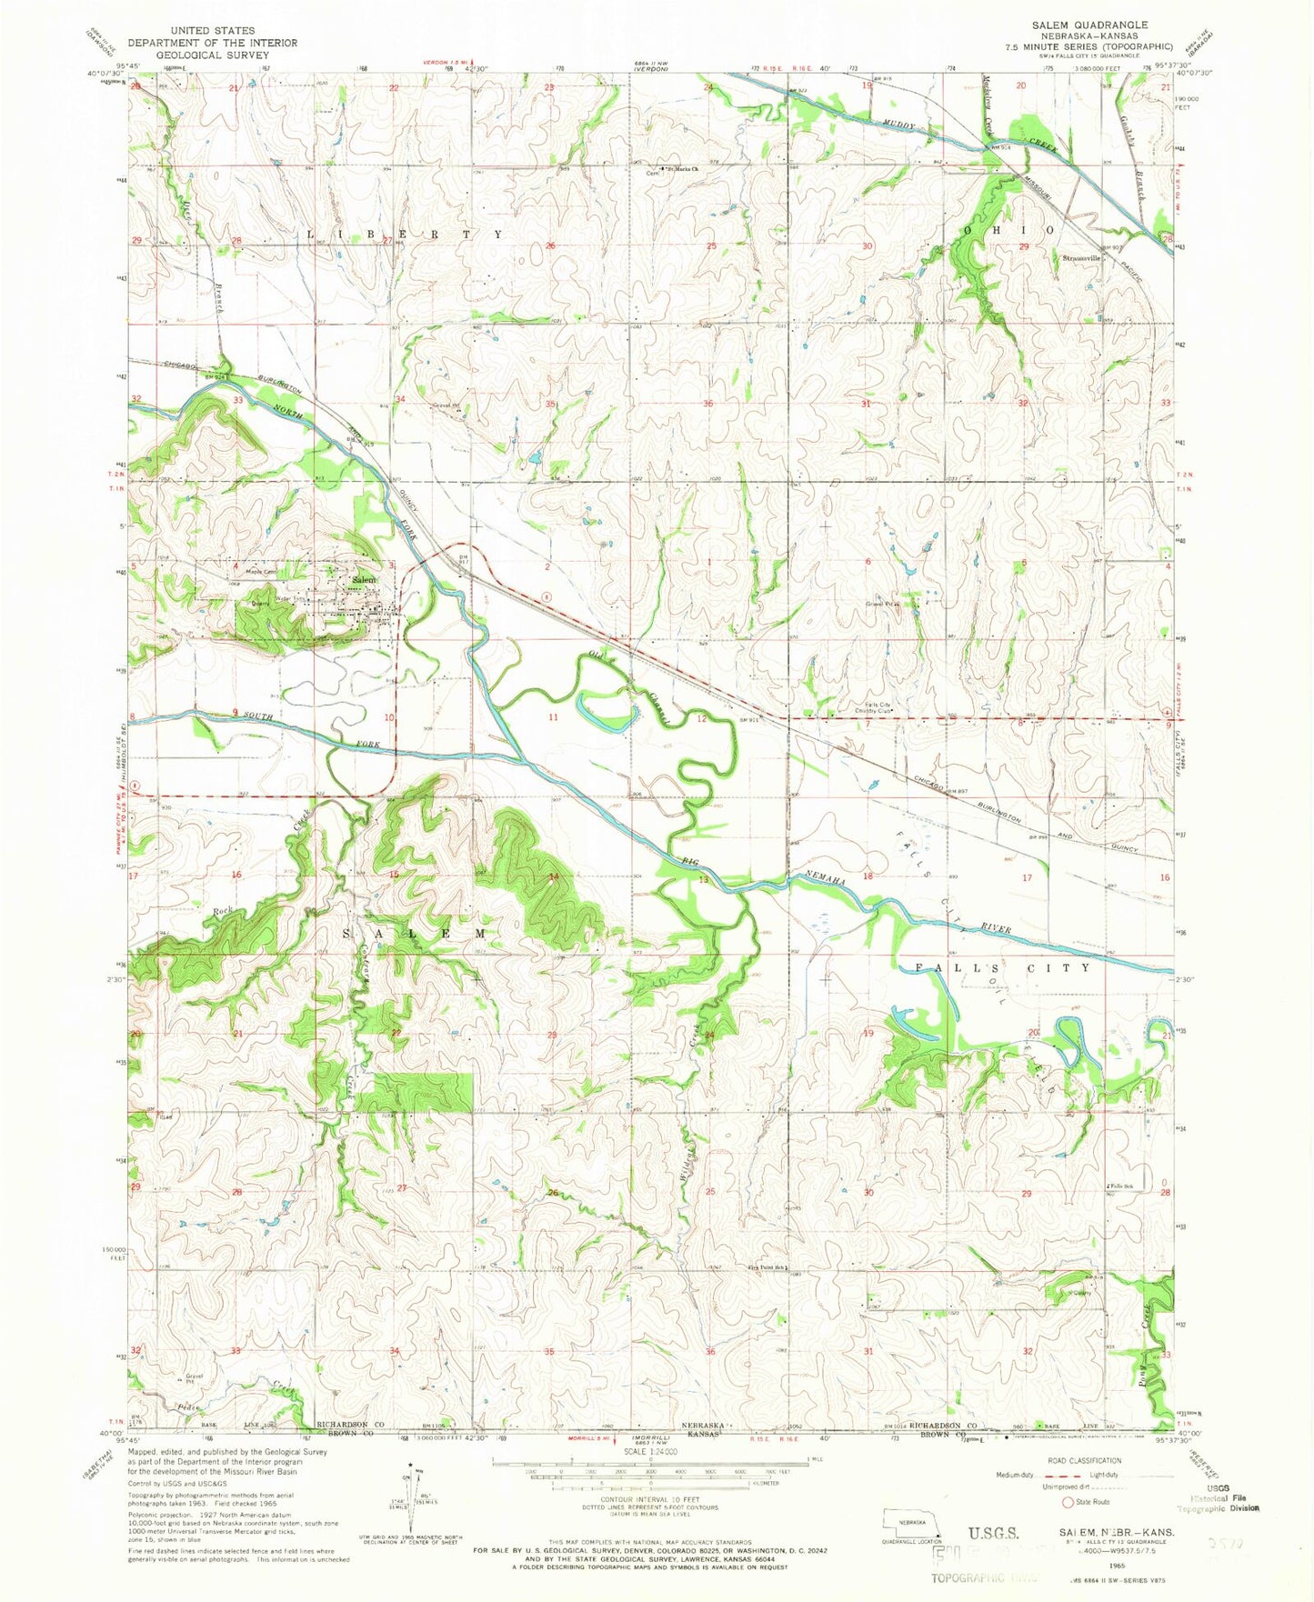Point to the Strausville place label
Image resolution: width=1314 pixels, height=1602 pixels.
[1080, 258]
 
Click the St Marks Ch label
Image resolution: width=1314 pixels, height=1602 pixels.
[684, 169]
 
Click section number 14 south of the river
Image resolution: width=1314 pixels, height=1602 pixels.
[553, 877]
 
